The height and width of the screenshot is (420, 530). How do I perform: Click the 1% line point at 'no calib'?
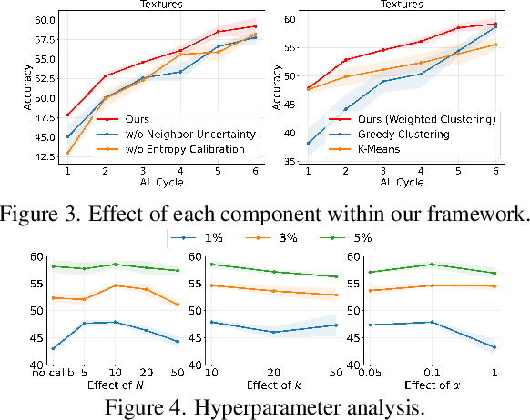[x=54, y=348]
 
